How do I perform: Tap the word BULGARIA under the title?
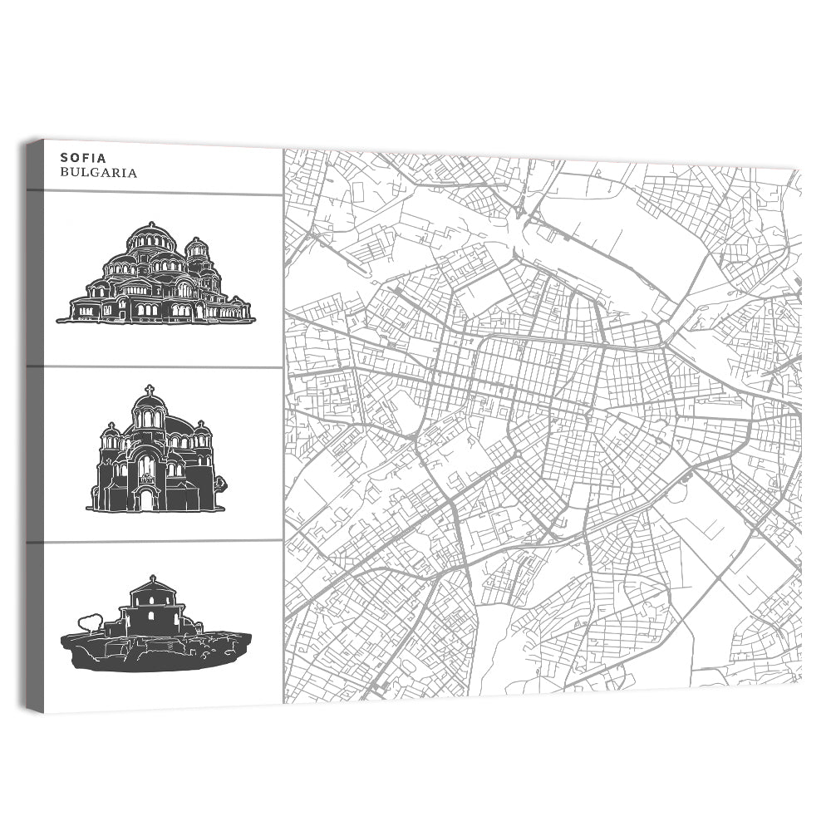click(98, 174)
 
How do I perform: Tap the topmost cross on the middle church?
click(150, 390)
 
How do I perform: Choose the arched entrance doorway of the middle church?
click(145, 499)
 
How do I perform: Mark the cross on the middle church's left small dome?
click(111, 425)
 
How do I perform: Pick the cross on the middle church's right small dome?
click(200, 425)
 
